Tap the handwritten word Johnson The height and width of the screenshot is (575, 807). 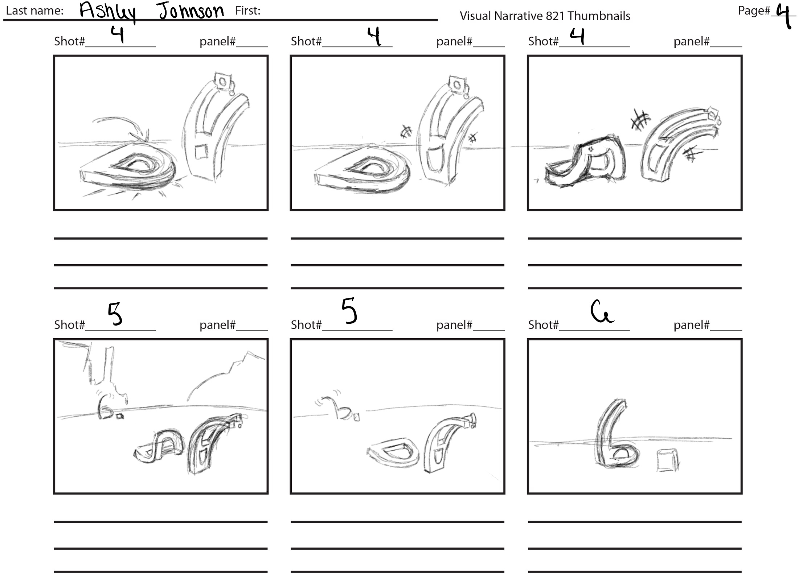click(x=192, y=11)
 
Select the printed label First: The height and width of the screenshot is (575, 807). click(x=248, y=11)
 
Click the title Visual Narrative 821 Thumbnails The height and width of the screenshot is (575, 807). click(x=545, y=16)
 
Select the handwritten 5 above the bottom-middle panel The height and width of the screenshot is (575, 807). click(x=349, y=311)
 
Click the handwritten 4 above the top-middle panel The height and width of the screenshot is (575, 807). click(x=374, y=36)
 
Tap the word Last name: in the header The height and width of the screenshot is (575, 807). click(x=35, y=11)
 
